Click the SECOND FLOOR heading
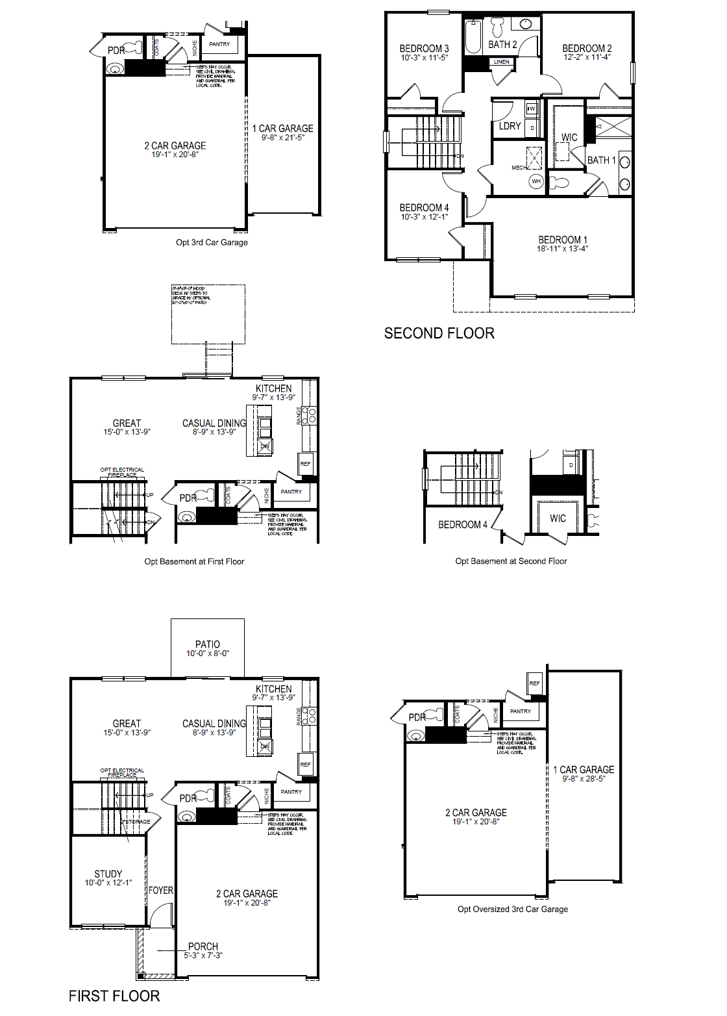[x=439, y=333]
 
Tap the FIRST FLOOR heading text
[x=114, y=996]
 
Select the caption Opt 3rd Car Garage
[x=212, y=242]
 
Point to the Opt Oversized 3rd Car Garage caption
[x=512, y=909]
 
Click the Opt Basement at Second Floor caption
[x=511, y=561]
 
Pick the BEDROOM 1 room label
[x=562, y=240]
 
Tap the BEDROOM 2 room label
[x=587, y=48]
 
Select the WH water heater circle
[x=536, y=181]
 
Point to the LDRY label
[x=510, y=126]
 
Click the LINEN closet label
[x=502, y=62]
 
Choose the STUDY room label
[x=108, y=874]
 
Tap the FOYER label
[x=161, y=890]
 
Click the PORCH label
[x=203, y=946]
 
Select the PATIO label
[x=208, y=644]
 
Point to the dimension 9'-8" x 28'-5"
[x=584, y=778]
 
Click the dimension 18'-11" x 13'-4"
[x=562, y=249]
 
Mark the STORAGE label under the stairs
[x=138, y=822]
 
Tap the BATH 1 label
[x=601, y=160]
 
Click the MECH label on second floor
[x=518, y=168]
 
